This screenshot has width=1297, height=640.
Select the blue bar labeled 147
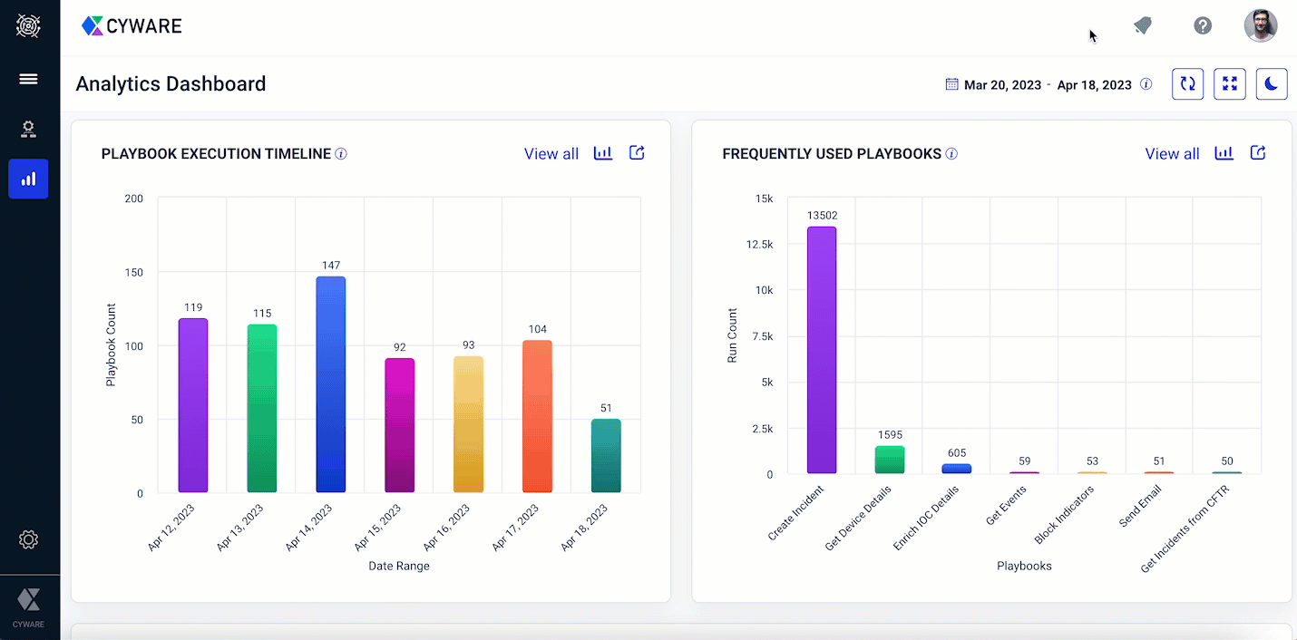click(331, 384)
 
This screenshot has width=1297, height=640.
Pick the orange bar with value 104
click(537, 416)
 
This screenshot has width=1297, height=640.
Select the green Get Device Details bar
click(890, 460)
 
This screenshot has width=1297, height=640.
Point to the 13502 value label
click(822, 216)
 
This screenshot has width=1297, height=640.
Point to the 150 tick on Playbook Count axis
click(133, 272)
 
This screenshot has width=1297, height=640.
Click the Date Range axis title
click(399, 566)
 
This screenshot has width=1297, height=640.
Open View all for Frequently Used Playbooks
click(1172, 154)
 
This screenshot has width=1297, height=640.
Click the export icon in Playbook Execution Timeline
click(637, 153)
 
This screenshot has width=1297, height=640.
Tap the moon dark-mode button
click(1272, 84)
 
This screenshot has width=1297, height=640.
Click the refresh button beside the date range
click(1187, 84)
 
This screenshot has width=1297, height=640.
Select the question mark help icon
click(1203, 25)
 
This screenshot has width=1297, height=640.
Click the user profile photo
click(1260, 25)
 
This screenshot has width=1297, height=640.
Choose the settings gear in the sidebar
click(28, 540)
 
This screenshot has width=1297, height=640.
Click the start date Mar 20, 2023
click(1002, 85)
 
